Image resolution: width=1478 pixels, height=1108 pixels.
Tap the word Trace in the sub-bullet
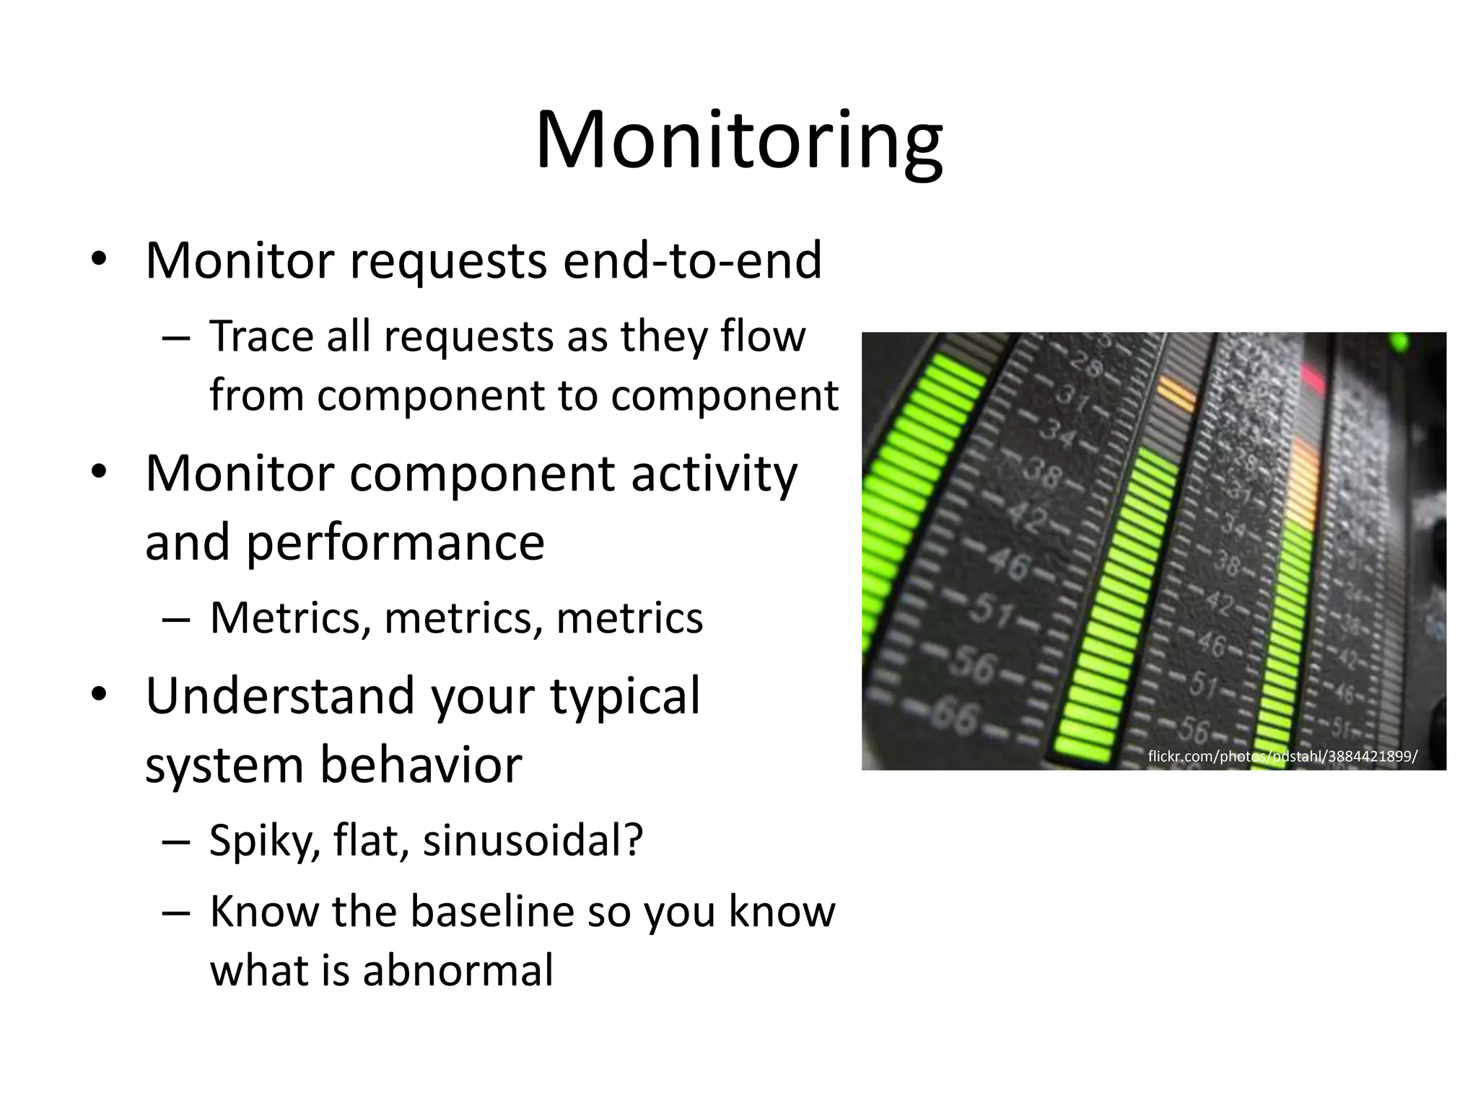pyautogui.click(x=262, y=336)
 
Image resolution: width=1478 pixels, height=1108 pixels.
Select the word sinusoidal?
pyautogui.click(x=533, y=840)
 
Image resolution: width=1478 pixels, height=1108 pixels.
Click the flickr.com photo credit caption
pyautogui.click(x=1282, y=757)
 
